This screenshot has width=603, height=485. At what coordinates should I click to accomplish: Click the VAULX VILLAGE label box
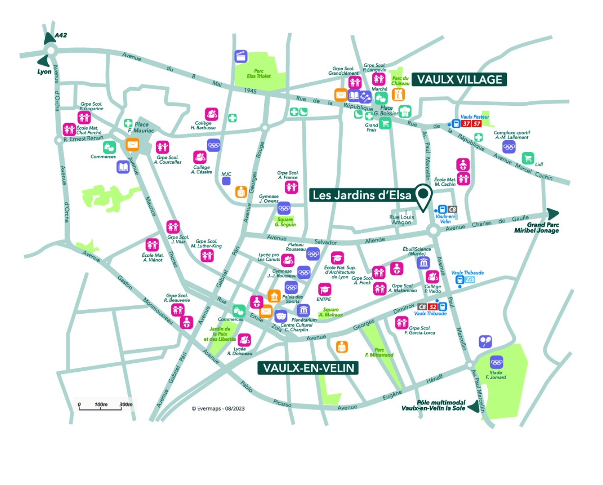(x=460, y=80)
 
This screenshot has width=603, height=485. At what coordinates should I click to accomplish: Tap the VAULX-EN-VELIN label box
(x=308, y=368)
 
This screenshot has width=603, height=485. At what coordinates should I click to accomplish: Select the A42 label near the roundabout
(x=61, y=35)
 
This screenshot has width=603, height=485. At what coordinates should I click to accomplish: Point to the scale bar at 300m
(x=126, y=405)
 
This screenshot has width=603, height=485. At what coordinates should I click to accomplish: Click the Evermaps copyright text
(x=218, y=408)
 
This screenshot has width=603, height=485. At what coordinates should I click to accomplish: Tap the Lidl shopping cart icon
(x=527, y=158)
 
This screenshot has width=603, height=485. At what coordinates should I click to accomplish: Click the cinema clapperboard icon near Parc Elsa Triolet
(x=240, y=56)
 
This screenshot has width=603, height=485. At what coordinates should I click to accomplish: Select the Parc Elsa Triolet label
(x=259, y=73)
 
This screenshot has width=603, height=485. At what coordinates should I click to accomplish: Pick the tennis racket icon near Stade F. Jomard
(x=485, y=341)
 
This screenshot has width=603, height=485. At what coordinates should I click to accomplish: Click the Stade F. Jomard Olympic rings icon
(x=496, y=362)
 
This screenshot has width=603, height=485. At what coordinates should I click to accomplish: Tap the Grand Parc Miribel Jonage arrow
(x=552, y=214)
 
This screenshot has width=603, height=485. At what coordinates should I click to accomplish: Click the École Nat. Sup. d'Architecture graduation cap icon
(x=337, y=258)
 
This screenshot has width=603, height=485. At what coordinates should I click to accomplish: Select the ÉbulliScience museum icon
(x=423, y=263)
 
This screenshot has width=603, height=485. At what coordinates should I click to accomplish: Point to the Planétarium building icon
(x=303, y=310)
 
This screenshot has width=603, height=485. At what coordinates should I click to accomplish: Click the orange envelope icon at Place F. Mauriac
(x=132, y=144)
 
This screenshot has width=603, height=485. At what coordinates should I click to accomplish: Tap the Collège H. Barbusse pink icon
(x=211, y=114)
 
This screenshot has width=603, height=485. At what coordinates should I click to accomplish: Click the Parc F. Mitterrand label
(x=379, y=352)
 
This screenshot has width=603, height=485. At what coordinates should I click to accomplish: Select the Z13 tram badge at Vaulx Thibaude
(x=469, y=280)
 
